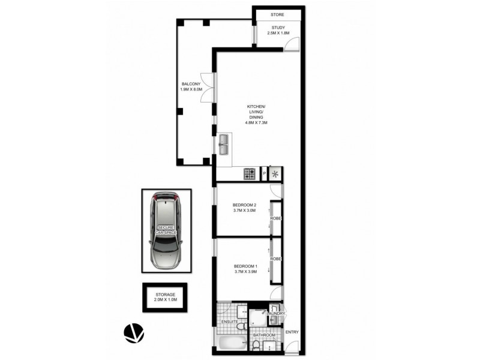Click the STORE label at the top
[276, 14]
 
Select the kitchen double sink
[223, 144]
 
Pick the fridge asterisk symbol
[276, 174]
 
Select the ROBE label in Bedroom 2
[277, 218]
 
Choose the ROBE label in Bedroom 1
[277, 259]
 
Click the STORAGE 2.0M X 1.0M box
[165, 298]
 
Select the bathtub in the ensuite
[232, 344]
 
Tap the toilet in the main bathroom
[257, 346]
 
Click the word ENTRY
[292, 332]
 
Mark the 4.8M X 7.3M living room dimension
[256, 123]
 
